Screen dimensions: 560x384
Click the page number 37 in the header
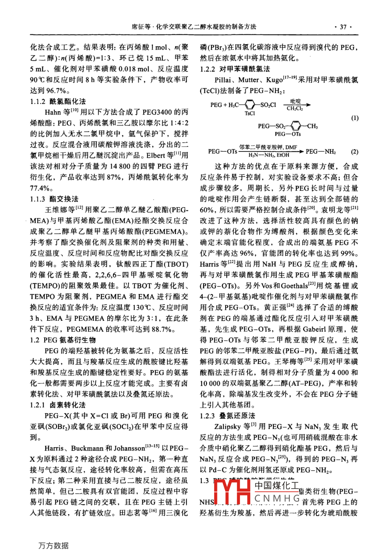[343, 27]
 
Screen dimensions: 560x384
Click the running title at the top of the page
[194, 26]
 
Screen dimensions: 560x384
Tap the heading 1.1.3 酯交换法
[54, 199]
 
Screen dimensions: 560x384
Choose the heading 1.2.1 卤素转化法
[58, 405]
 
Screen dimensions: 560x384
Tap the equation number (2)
[355, 152]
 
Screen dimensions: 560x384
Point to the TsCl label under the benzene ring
[250, 113]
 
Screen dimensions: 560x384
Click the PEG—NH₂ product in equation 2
[321, 151]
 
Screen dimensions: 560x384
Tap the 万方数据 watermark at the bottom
[53, 546]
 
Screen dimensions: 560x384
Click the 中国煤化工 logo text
[277, 486]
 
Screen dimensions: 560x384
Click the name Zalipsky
[229, 426]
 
